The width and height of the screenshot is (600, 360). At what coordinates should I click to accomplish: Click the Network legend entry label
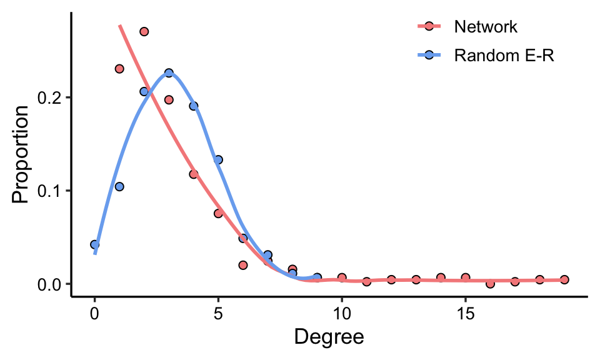486,27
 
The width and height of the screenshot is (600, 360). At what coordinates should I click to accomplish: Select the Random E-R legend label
505,56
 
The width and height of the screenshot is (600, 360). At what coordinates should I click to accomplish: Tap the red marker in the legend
429,27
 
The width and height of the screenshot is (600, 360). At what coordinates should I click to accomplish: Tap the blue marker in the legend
429,56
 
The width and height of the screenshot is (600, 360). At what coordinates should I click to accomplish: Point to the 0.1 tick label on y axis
51,191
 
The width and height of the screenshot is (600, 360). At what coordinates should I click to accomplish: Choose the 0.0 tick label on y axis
51,284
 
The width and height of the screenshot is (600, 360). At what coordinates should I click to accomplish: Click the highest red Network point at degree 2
144,31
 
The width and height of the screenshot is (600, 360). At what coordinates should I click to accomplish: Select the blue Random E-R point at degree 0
94,244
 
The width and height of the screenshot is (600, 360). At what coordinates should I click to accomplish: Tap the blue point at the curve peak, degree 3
169,73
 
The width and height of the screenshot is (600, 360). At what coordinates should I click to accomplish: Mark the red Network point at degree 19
564,279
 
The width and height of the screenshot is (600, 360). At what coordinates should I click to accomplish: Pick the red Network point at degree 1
119,69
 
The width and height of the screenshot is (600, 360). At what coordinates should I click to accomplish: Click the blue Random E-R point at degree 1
119,186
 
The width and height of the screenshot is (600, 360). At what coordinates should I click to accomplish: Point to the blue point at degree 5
218,159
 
